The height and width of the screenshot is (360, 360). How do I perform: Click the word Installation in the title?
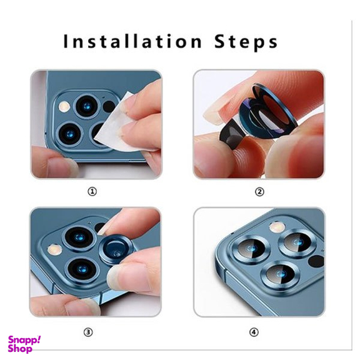[132, 41]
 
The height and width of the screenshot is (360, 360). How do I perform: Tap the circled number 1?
[92, 191]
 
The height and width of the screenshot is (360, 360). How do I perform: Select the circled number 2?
[259, 192]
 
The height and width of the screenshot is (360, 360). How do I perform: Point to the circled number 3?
[88, 332]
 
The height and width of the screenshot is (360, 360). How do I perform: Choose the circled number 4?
[254, 332]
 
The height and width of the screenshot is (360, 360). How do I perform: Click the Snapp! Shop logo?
[24, 344]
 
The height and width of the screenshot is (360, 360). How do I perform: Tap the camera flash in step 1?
[64, 106]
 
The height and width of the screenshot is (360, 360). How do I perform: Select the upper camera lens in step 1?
[87, 106]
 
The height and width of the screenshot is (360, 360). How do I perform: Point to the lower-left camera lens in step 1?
[70, 134]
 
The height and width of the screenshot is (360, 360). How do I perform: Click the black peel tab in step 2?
[231, 134]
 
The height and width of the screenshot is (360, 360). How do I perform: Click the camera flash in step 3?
[54, 249]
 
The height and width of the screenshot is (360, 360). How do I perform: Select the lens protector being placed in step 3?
[117, 250]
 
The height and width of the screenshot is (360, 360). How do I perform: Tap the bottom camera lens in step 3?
[82, 269]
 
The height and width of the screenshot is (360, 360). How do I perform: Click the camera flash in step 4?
[277, 227]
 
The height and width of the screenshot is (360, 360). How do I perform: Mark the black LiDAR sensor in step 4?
[316, 261]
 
